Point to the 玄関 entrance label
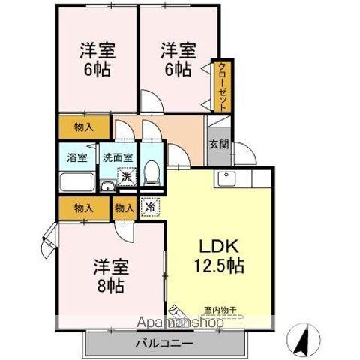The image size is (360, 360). point(218,144)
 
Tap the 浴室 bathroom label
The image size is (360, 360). point(76,158)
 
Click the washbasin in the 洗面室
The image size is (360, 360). point(108,186)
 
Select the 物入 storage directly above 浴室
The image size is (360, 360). point(84,127)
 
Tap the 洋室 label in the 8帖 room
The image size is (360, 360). point(110,266)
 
